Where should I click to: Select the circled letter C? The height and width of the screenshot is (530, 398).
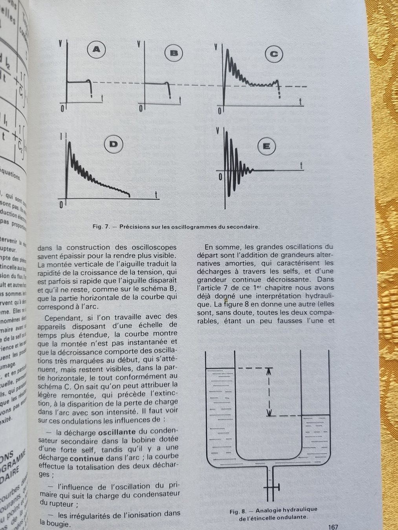click(x=274, y=55)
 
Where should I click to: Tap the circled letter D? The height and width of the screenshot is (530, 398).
click(x=113, y=144)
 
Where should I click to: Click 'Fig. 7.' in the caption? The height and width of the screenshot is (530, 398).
click(x=101, y=227)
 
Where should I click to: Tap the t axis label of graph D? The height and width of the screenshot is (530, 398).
click(x=156, y=194)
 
